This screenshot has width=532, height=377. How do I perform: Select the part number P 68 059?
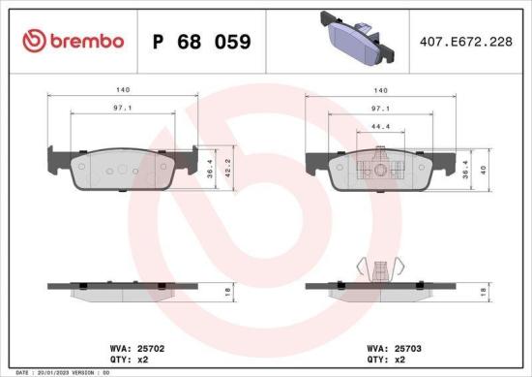(x=201, y=42)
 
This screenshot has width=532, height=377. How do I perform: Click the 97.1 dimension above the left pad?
(x=121, y=109)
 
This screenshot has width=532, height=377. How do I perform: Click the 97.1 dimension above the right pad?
(x=380, y=109)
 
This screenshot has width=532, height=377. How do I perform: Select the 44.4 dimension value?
(x=380, y=127)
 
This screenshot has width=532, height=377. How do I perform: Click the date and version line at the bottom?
(x=64, y=372)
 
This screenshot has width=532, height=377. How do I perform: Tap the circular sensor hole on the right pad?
(x=380, y=172)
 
